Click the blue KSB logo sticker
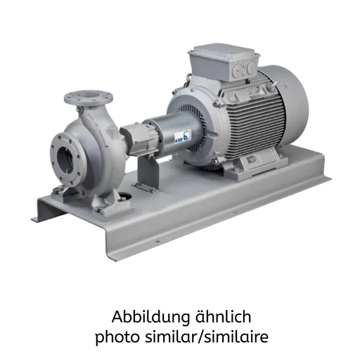(x=183, y=136)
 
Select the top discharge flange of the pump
(x=89, y=98)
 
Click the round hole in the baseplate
(x=125, y=195)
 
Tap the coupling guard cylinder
(x=174, y=135)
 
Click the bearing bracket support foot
(x=147, y=172)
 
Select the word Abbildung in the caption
(x=150, y=318)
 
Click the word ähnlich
(x=223, y=316)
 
